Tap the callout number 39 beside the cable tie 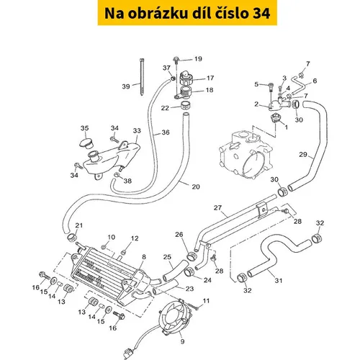coord(126,86)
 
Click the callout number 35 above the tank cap coord(84,128)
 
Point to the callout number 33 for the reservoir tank coord(137,131)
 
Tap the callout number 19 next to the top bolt coord(198,59)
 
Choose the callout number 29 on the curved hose coord(303,154)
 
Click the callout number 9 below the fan coord(182,341)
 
